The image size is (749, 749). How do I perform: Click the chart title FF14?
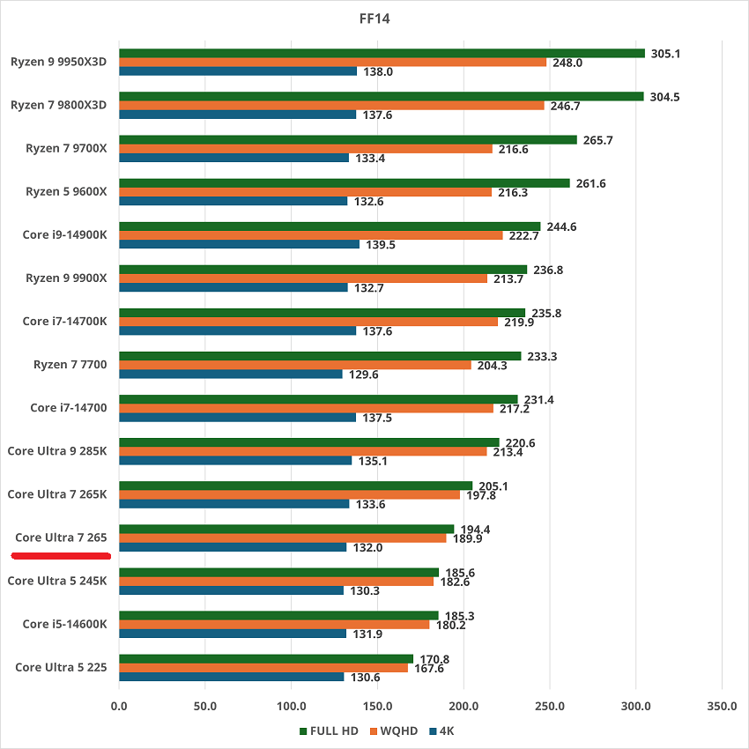[x=374, y=16]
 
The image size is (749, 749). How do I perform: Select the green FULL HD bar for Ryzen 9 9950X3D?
[x=382, y=53]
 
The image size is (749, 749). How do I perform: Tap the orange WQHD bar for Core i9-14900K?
[x=310, y=235]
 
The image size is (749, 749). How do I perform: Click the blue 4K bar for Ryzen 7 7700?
[x=230, y=374]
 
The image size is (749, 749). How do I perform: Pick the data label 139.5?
[x=380, y=244]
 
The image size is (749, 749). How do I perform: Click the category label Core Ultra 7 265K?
[x=57, y=494]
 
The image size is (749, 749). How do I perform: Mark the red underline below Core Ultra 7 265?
[x=60, y=556]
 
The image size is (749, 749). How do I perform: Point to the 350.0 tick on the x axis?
[x=722, y=706]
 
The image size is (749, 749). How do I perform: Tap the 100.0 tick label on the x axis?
[x=291, y=706]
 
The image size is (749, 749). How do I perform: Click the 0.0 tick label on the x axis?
[x=119, y=706]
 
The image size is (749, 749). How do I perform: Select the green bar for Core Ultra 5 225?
[x=266, y=658]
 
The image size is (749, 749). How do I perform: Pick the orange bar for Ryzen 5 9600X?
[x=305, y=192]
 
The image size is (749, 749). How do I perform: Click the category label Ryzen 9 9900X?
[x=66, y=278]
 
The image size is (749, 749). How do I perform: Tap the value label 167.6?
[x=429, y=668]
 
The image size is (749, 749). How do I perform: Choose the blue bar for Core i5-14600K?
[x=233, y=633]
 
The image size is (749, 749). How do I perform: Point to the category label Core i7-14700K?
[x=64, y=322]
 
